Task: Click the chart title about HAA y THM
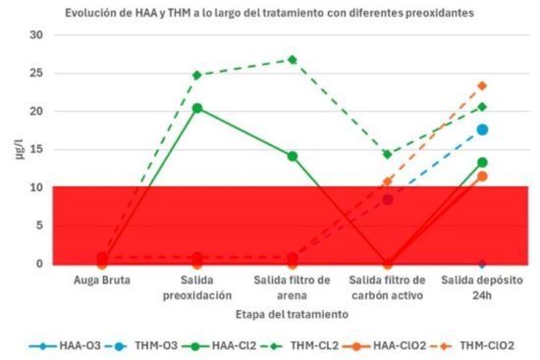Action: point(268,14)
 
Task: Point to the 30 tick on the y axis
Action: point(37,35)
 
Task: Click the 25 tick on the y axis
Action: point(37,74)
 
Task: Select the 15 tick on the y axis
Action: point(37,150)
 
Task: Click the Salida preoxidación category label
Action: point(196,286)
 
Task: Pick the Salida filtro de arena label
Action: point(292,286)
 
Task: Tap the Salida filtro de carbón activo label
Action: point(387,286)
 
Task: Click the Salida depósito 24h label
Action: point(482,286)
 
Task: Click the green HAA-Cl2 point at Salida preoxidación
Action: point(196,108)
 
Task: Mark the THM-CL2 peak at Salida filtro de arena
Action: point(292,60)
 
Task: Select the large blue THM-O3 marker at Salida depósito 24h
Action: point(482,129)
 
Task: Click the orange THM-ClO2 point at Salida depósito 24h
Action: point(482,86)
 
